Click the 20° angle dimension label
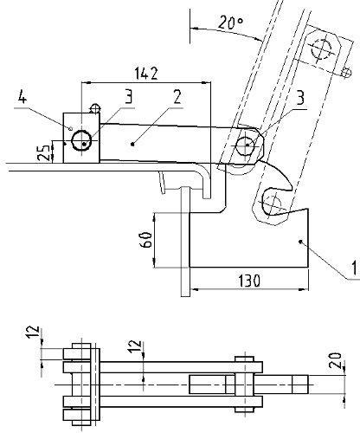(230, 23)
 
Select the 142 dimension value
(146, 74)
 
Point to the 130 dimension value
(249, 281)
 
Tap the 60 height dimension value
(146, 239)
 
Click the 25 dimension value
(44, 152)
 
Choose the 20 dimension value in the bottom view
(335, 360)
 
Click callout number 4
(22, 96)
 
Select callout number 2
(177, 97)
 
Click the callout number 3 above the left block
(128, 96)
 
